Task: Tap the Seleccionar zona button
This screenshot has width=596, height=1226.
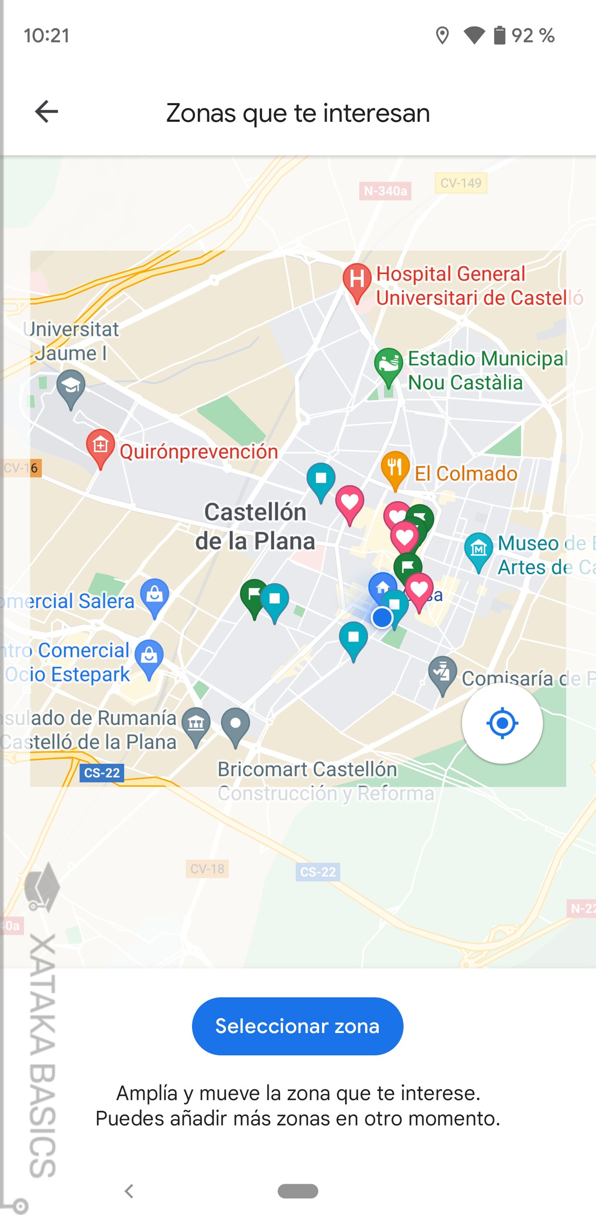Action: [297, 1026]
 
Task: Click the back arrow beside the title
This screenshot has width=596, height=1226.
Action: [46, 111]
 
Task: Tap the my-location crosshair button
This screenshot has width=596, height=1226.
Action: [502, 723]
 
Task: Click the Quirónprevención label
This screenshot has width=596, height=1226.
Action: [199, 451]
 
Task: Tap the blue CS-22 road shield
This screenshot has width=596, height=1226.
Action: [102, 772]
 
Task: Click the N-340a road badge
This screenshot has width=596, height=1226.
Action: [385, 191]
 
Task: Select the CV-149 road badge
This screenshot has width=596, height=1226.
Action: [460, 183]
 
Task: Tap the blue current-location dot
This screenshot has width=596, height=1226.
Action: [381, 618]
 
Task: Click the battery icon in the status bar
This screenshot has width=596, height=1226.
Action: [499, 35]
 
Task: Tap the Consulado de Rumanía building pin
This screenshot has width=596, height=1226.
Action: [196, 724]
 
